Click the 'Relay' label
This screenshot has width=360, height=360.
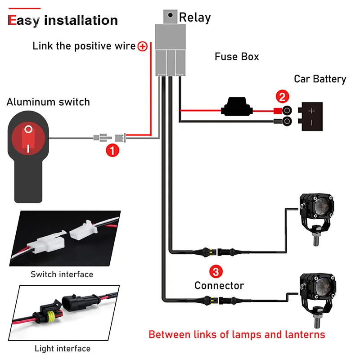point(195,18)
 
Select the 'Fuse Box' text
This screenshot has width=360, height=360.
point(237,57)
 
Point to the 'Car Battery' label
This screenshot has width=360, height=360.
point(320,79)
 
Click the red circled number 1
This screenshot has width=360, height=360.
point(112,150)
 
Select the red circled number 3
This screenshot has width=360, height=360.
point(216,271)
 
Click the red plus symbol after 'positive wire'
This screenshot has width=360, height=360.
point(143,46)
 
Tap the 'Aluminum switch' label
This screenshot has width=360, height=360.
point(48,102)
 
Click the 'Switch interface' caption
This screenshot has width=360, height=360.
point(62,274)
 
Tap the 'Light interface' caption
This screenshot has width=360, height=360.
point(63,348)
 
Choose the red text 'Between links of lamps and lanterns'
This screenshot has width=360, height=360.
point(237,334)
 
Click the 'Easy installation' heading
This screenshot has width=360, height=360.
point(63,20)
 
